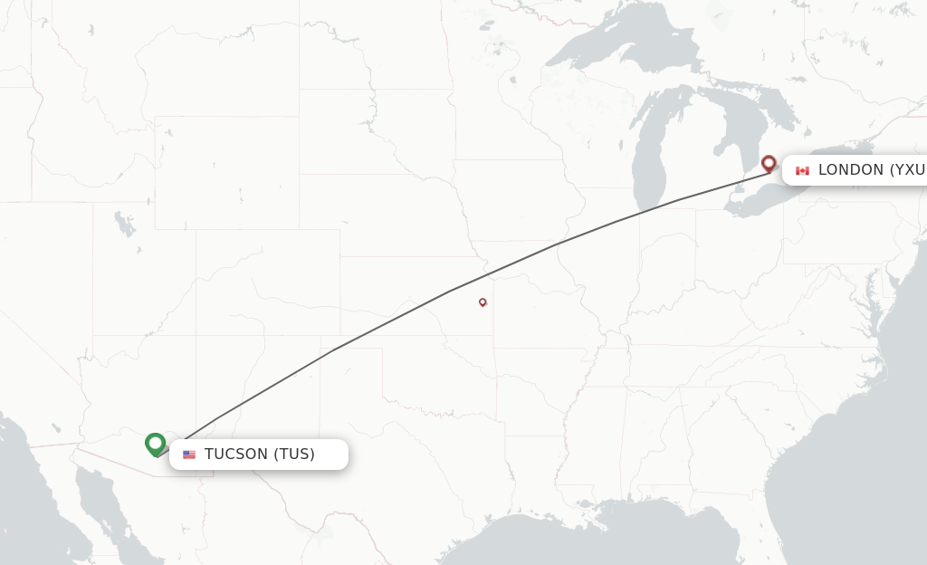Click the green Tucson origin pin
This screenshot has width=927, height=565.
point(155,444)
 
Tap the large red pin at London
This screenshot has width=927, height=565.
point(769,163)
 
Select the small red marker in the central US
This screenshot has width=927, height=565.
point(483,302)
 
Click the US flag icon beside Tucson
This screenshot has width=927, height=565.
point(189,455)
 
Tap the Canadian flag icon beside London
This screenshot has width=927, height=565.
point(802,170)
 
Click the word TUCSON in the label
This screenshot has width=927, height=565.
point(236,455)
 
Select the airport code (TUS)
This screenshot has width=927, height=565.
point(294,455)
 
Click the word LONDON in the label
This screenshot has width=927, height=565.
point(851,170)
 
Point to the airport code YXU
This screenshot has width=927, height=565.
point(909,170)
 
